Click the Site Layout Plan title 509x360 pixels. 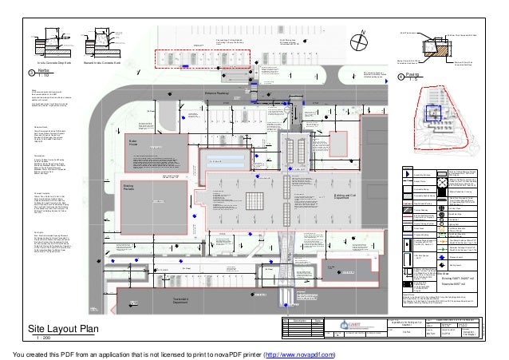tap(64, 329)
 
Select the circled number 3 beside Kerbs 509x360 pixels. tap(31, 73)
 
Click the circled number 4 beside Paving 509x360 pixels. tap(400, 77)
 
